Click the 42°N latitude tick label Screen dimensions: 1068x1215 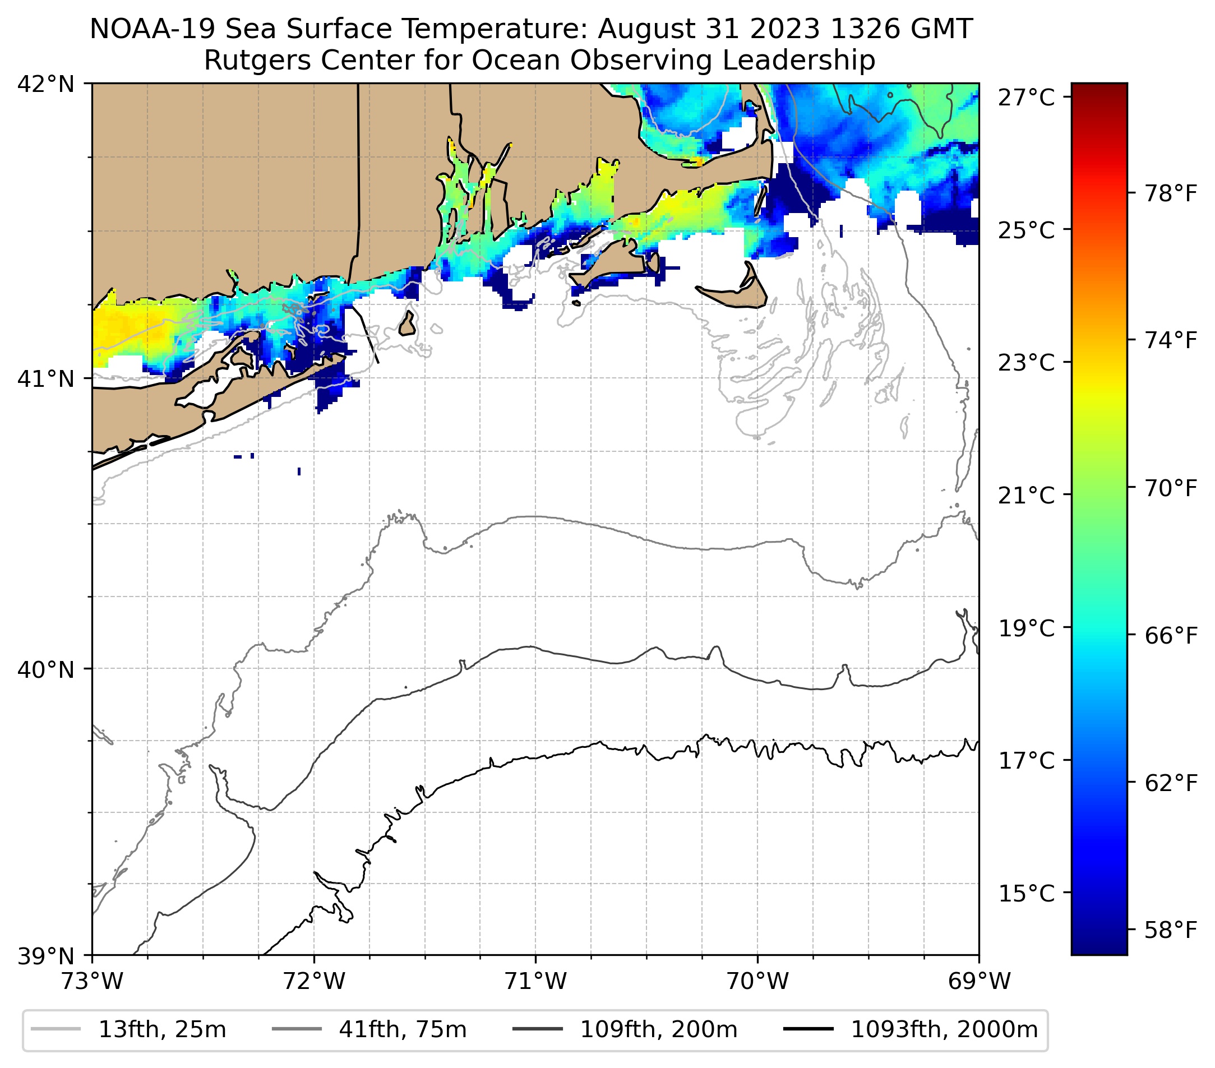tap(46, 85)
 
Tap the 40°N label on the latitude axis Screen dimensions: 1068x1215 tap(46, 670)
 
